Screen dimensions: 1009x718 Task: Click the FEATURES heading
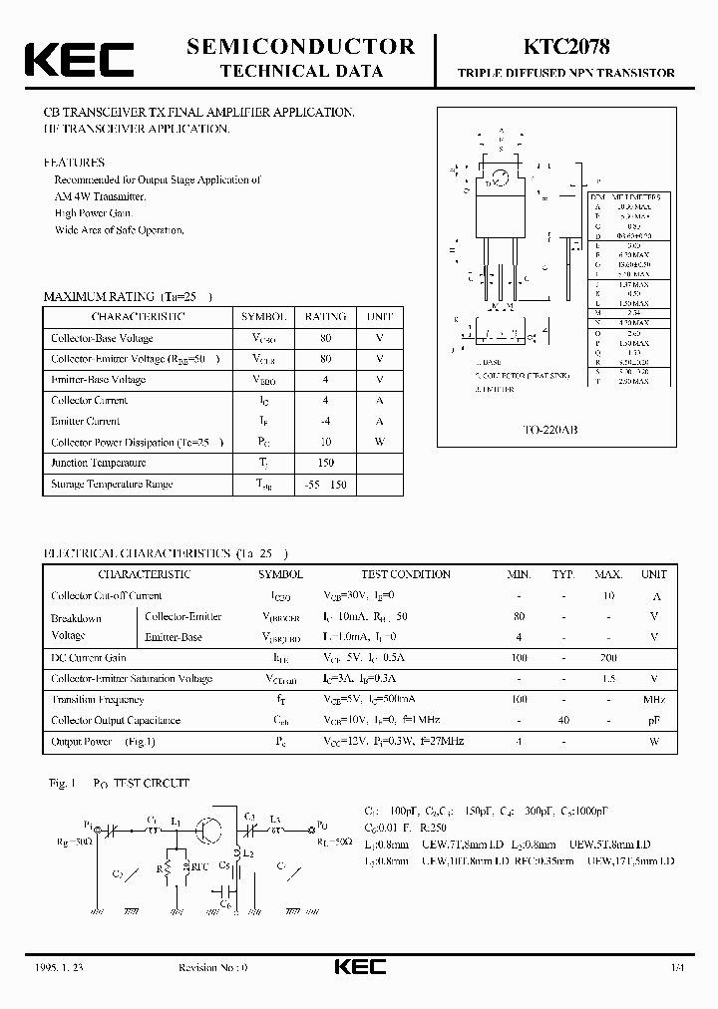click(x=74, y=162)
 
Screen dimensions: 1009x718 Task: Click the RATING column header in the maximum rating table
click(x=325, y=316)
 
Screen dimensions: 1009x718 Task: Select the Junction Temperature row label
click(x=99, y=463)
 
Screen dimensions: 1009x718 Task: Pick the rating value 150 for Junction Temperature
click(x=325, y=463)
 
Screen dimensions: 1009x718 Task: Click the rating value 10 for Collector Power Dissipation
click(x=325, y=442)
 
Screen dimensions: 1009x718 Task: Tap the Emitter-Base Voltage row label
click(x=98, y=380)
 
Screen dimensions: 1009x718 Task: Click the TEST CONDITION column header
click(x=406, y=574)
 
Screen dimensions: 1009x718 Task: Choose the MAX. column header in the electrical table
click(x=608, y=574)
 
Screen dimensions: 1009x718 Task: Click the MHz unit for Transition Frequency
click(x=654, y=700)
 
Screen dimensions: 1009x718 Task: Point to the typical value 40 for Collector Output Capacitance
click(x=563, y=721)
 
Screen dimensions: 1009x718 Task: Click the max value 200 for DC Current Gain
click(x=608, y=658)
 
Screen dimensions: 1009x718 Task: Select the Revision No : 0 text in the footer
click(x=212, y=968)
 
